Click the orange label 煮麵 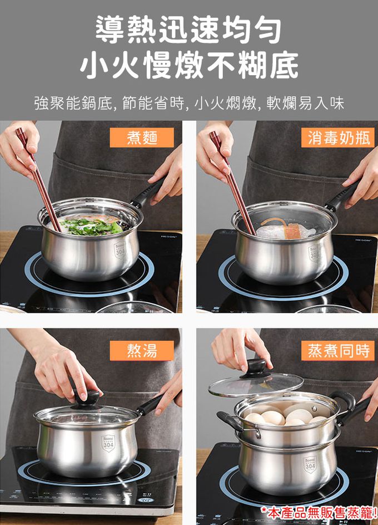[x=142, y=138]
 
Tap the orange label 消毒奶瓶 [x=338, y=138]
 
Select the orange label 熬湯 [x=142, y=351]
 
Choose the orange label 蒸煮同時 [x=338, y=351]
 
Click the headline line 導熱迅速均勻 [x=189, y=30]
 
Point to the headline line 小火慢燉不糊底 [x=189, y=65]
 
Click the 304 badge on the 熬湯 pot [x=108, y=443]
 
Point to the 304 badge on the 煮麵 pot [x=120, y=250]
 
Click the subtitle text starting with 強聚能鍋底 [x=189, y=103]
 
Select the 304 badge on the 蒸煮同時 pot [x=310, y=466]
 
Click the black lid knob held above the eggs [x=256, y=367]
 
